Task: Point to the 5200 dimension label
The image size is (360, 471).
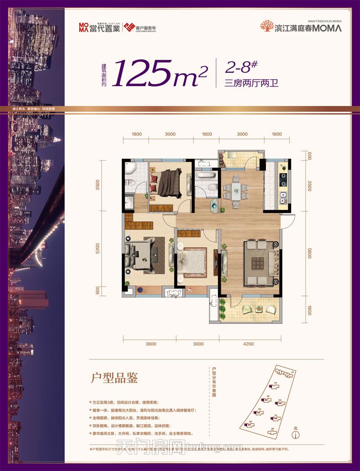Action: [98, 249]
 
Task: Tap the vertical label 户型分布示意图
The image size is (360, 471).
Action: [215, 386]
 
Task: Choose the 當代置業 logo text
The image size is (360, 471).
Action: [97, 27]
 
